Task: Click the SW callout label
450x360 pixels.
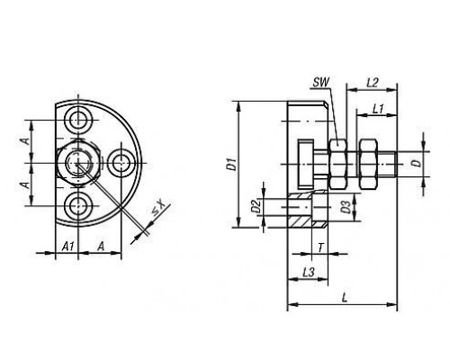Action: point(320,82)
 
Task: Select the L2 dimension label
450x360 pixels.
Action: point(373,82)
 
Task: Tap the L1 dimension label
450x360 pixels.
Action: point(378,108)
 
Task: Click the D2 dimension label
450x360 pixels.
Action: point(256,206)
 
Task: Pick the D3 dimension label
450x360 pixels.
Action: point(346,207)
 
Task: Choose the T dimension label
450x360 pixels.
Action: point(320,247)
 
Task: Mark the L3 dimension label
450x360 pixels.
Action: point(308,272)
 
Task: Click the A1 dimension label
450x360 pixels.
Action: point(67,247)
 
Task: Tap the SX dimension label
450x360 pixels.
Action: point(158,208)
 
